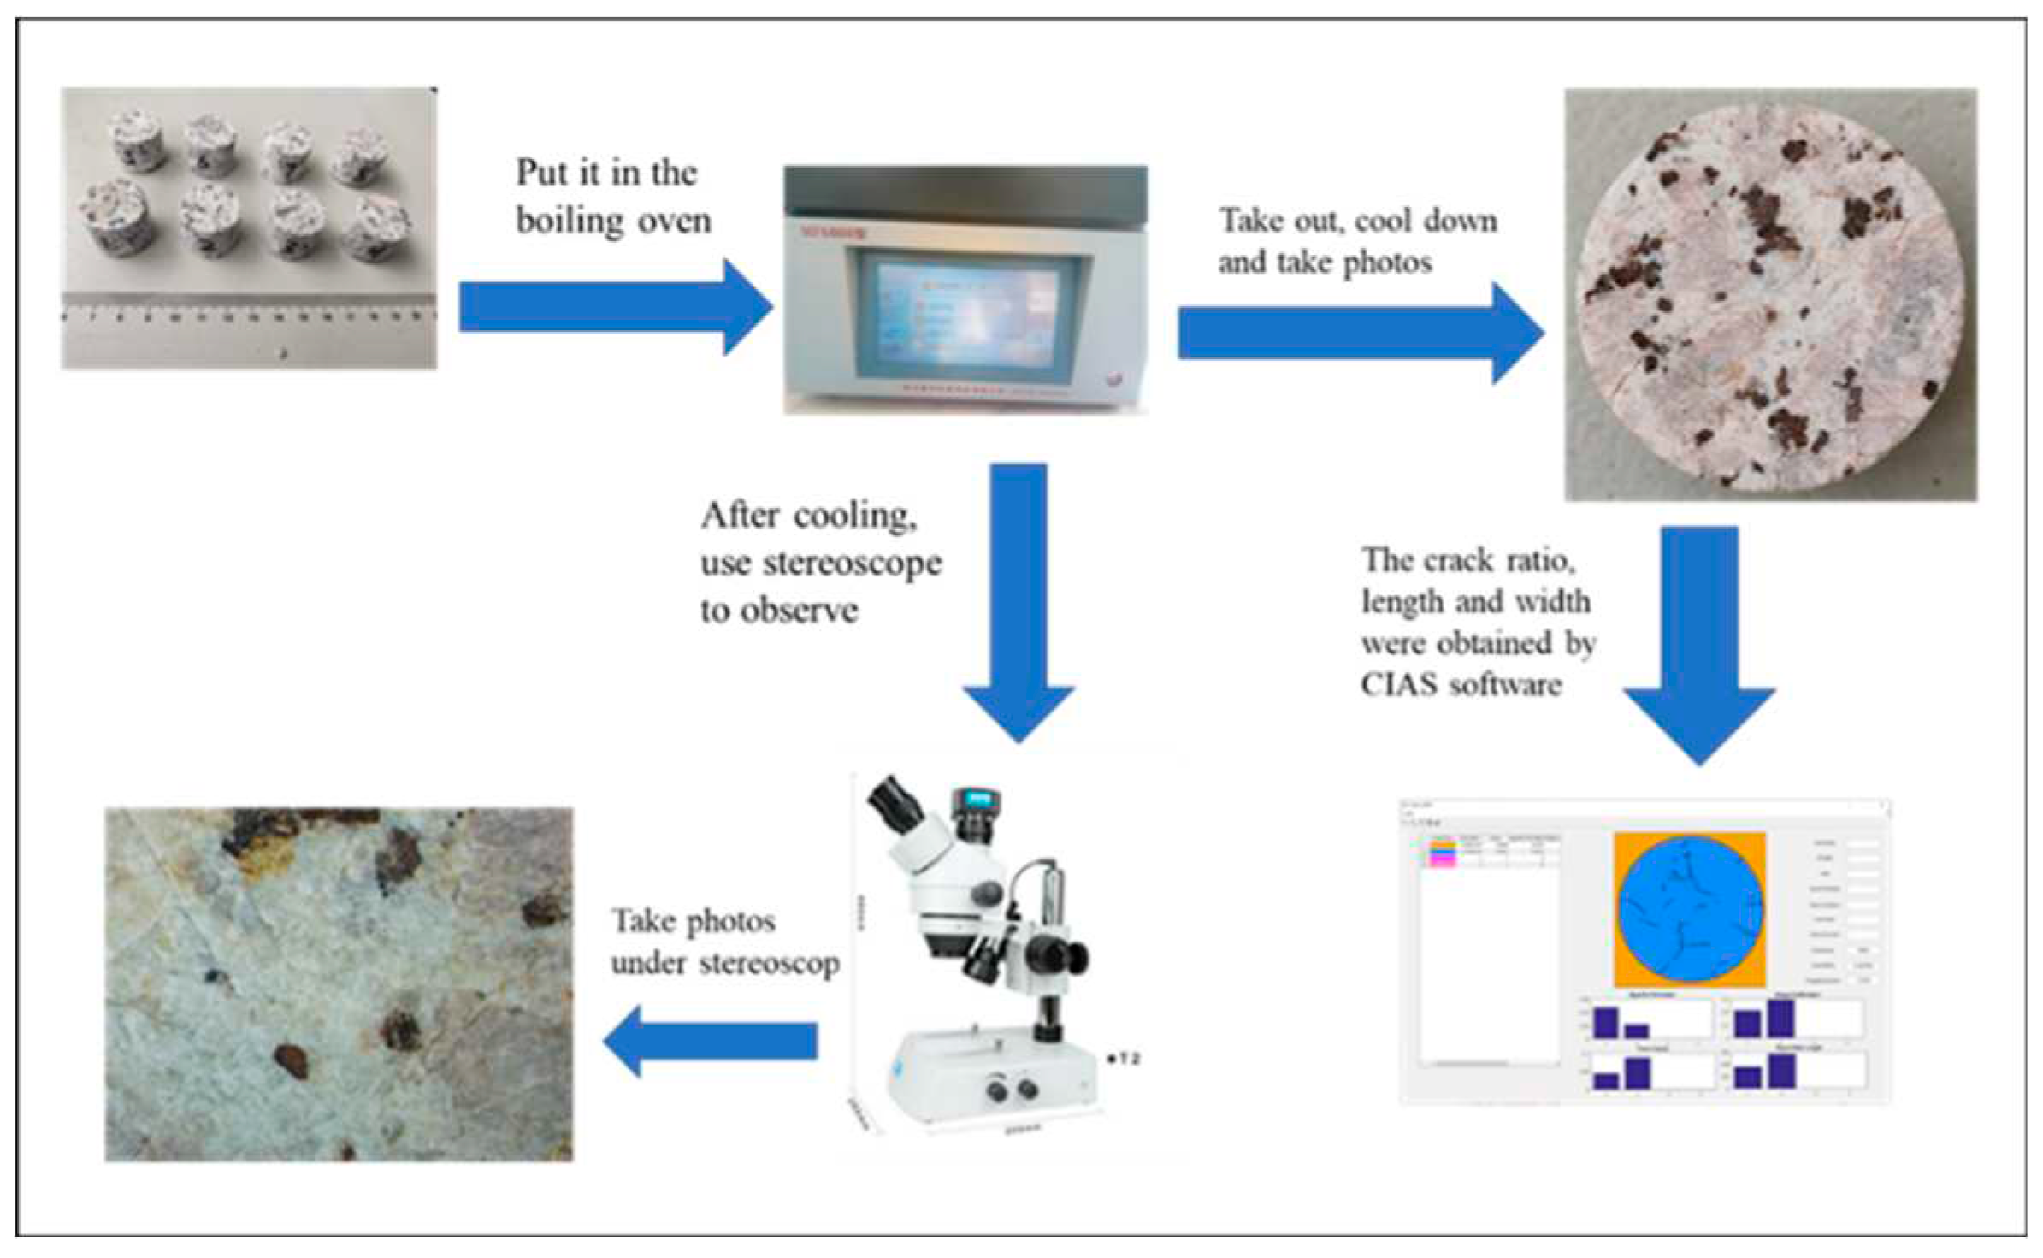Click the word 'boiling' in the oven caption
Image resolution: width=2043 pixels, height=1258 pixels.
coord(570,221)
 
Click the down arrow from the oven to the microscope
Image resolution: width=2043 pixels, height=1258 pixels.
coord(1019,599)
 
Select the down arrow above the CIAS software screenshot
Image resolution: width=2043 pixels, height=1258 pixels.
coord(1699,641)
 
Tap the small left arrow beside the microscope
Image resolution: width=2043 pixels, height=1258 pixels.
coord(710,1041)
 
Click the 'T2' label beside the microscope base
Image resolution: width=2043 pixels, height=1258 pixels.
coord(1127,1060)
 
